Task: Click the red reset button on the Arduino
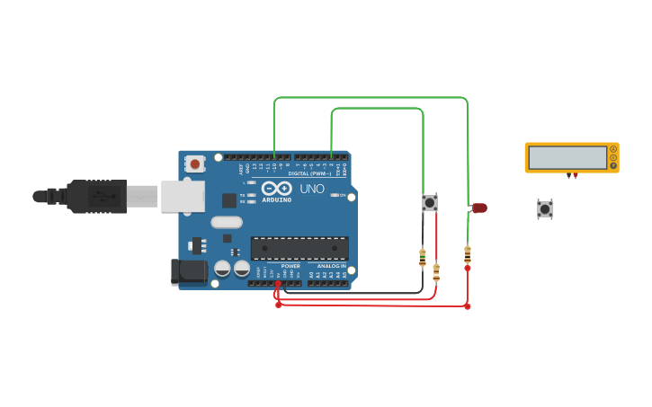(x=194, y=164)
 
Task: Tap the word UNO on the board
(x=311, y=189)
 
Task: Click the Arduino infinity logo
(x=277, y=188)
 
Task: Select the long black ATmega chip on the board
(x=299, y=248)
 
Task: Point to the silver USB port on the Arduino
(x=183, y=196)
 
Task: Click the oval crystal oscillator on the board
(x=227, y=222)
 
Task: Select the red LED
(x=479, y=208)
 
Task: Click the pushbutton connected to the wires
(x=430, y=203)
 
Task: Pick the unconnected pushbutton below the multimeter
(x=545, y=208)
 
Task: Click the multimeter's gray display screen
(x=567, y=157)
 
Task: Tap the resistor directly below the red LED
(x=468, y=254)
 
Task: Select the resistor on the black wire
(x=423, y=258)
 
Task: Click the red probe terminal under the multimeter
(x=576, y=176)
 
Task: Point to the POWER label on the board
(x=290, y=266)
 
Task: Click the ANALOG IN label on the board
(x=331, y=266)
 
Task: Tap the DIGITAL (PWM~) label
(x=309, y=173)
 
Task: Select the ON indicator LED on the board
(x=335, y=195)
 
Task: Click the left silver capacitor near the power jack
(x=222, y=268)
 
